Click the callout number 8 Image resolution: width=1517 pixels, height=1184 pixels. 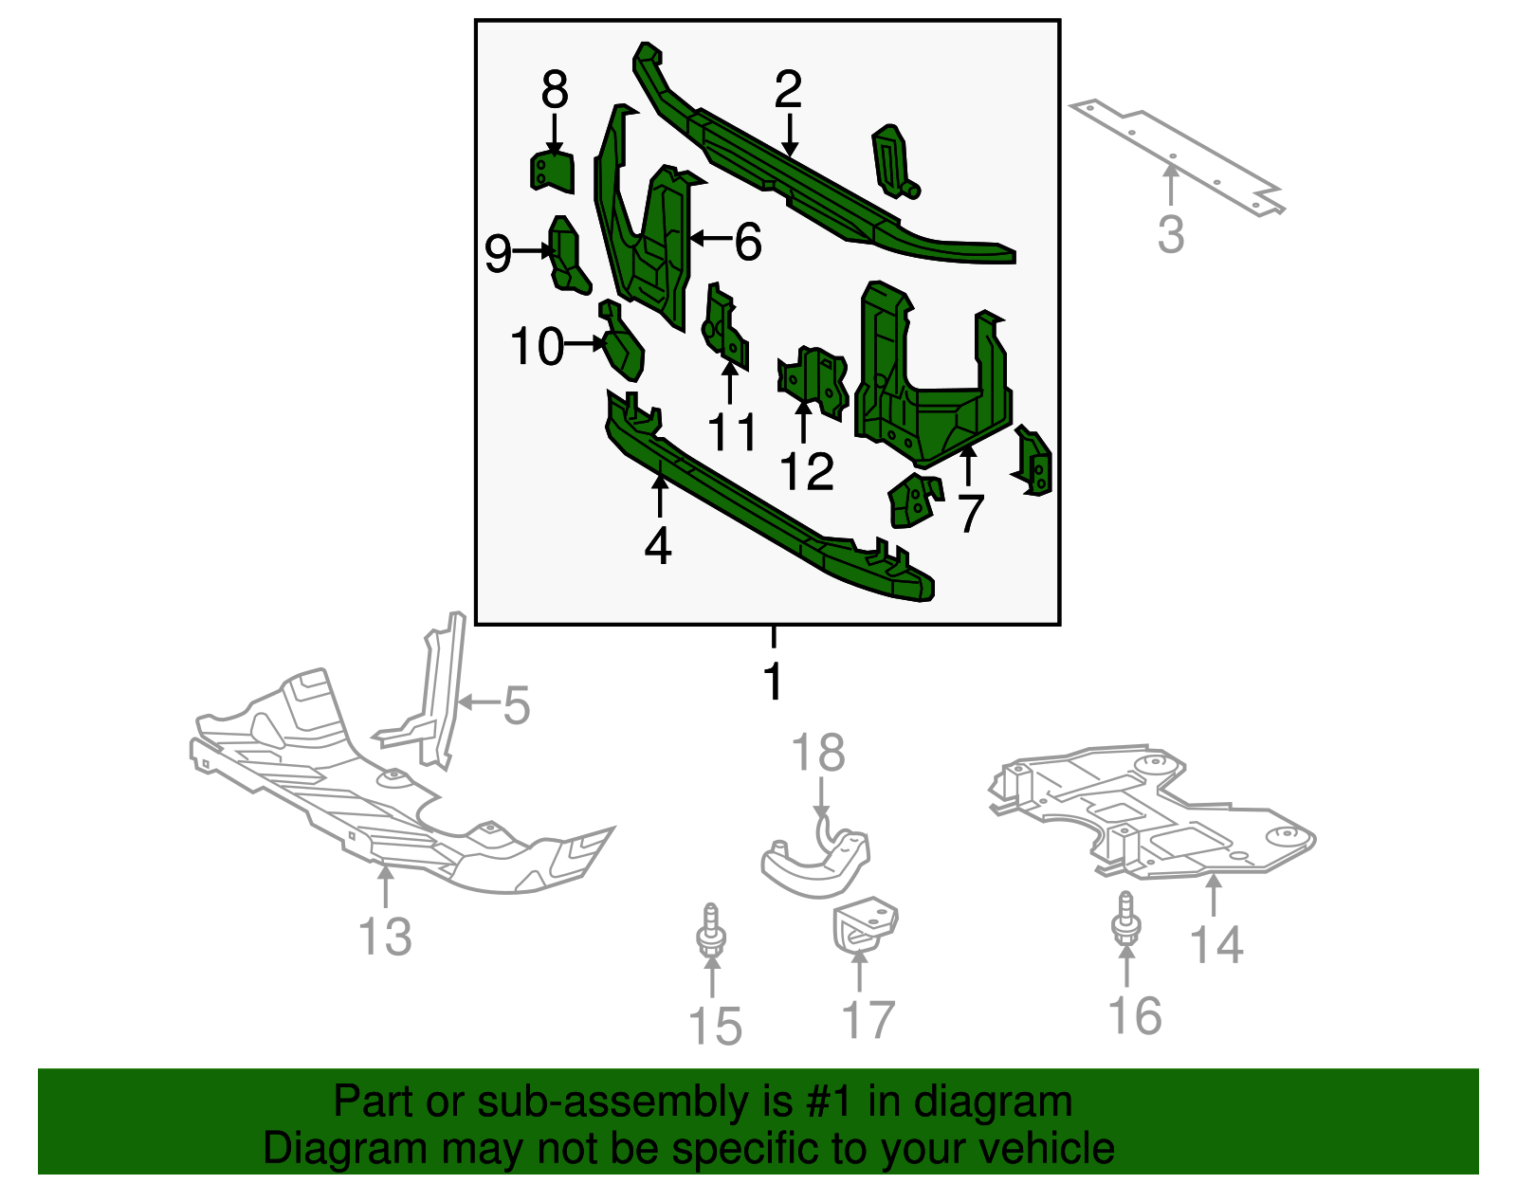click(x=555, y=91)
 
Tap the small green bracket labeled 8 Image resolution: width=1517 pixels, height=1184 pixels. click(x=552, y=172)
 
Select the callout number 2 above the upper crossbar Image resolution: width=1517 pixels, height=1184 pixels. click(x=788, y=90)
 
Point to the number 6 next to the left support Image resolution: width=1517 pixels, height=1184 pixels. click(x=748, y=243)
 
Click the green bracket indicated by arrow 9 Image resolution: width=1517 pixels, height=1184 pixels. click(x=567, y=255)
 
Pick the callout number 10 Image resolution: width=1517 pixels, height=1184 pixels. click(x=538, y=347)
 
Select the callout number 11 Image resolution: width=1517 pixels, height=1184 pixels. click(x=733, y=432)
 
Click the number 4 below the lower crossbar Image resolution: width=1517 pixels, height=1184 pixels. click(x=658, y=546)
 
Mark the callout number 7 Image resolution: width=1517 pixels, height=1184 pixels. click(x=969, y=514)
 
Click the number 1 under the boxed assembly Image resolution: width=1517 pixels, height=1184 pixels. click(x=774, y=682)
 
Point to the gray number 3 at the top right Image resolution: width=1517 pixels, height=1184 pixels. click(x=1171, y=234)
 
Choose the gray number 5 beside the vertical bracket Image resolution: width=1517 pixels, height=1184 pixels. click(x=516, y=706)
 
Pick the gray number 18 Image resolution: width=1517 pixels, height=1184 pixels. click(x=818, y=755)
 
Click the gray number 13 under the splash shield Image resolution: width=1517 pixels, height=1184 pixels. click(x=385, y=938)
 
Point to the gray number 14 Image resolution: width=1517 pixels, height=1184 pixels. click(x=1216, y=945)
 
